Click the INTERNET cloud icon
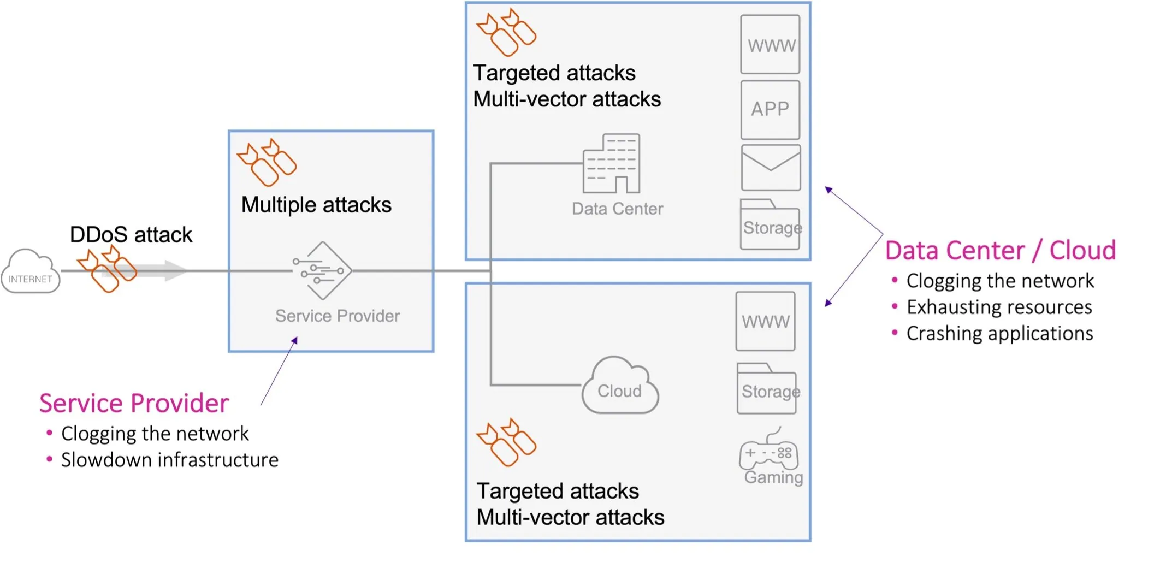click(x=31, y=272)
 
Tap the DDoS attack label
click(x=131, y=235)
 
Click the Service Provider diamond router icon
click(x=323, y=271)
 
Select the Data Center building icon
click(x=612, y=163)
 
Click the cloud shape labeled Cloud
click(x=620, y=387)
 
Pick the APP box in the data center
click(x=770, y=110)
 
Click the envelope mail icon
click(x=771, y=168)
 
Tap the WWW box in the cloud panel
click(x=765, y=321)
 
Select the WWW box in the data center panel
click(x=770, y=45)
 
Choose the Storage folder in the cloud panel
click(x=766, y=389)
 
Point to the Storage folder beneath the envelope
click(x=770, y=225)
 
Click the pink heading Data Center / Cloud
click(x=1000, y=251)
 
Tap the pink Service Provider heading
click(x=134, y=404)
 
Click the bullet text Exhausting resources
click(x=999, y=307)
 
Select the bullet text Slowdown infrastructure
click(x=169, y=460)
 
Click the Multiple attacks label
click(x=316, y=205)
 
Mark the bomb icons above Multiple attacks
click(x=267, y=162)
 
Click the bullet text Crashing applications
click(x=999, y=334)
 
